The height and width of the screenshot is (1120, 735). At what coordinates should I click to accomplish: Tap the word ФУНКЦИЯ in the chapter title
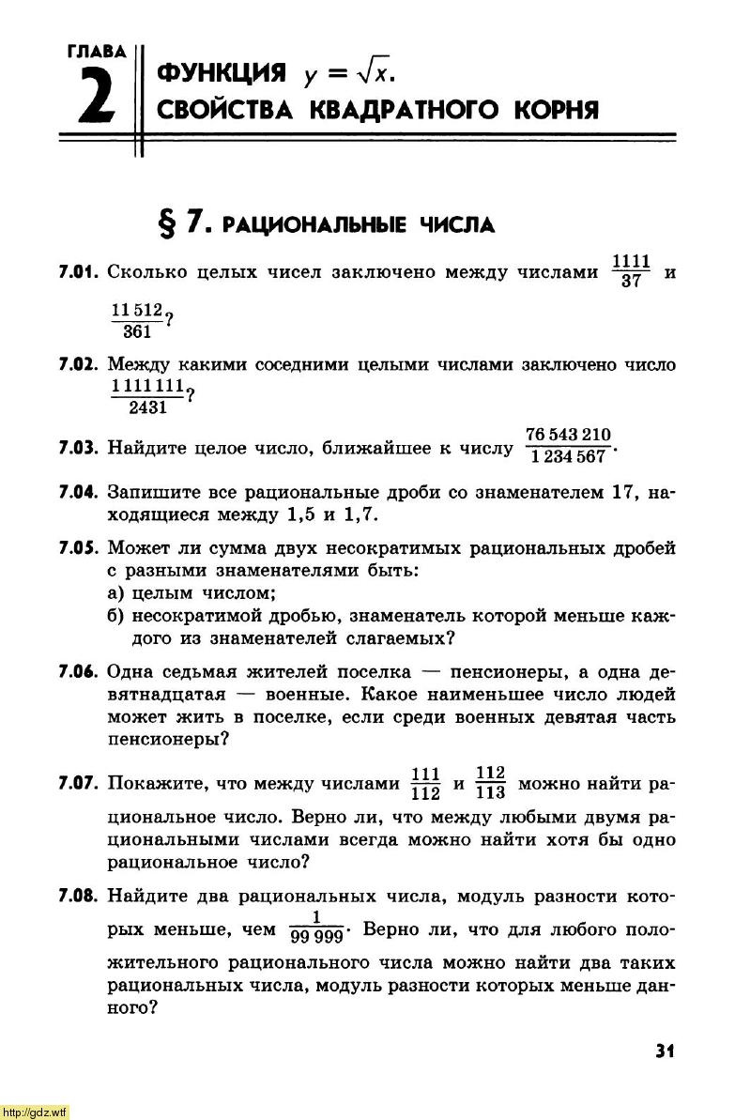[x=222, y=72]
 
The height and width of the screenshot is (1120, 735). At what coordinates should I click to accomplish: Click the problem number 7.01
[x=79, y=273]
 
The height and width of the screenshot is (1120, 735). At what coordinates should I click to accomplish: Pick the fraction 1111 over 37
[x=631, y=271]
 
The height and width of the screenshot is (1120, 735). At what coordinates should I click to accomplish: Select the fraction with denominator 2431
[x=147, y=397]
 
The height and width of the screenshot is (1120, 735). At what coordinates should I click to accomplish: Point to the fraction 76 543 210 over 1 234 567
[x=568, y=445]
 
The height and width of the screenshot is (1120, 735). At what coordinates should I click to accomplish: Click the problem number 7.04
[x=79, y=492]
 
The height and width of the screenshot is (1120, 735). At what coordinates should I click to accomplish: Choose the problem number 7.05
[x=79, y=548]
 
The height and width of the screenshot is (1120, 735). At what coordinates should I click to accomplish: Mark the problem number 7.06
[x=79, y=672]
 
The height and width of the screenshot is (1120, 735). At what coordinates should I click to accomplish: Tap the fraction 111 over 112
[x=426, y=783]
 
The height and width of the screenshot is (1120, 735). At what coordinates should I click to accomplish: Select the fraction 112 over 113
[x=490, y=783]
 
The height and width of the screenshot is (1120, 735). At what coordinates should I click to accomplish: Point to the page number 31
[x=666, y=1050]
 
